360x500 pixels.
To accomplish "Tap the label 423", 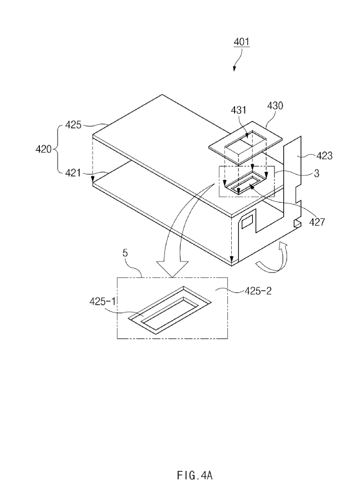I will click(324, 155).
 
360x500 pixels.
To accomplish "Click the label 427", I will click(316, 222).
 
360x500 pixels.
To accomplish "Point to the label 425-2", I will click(257, 291).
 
